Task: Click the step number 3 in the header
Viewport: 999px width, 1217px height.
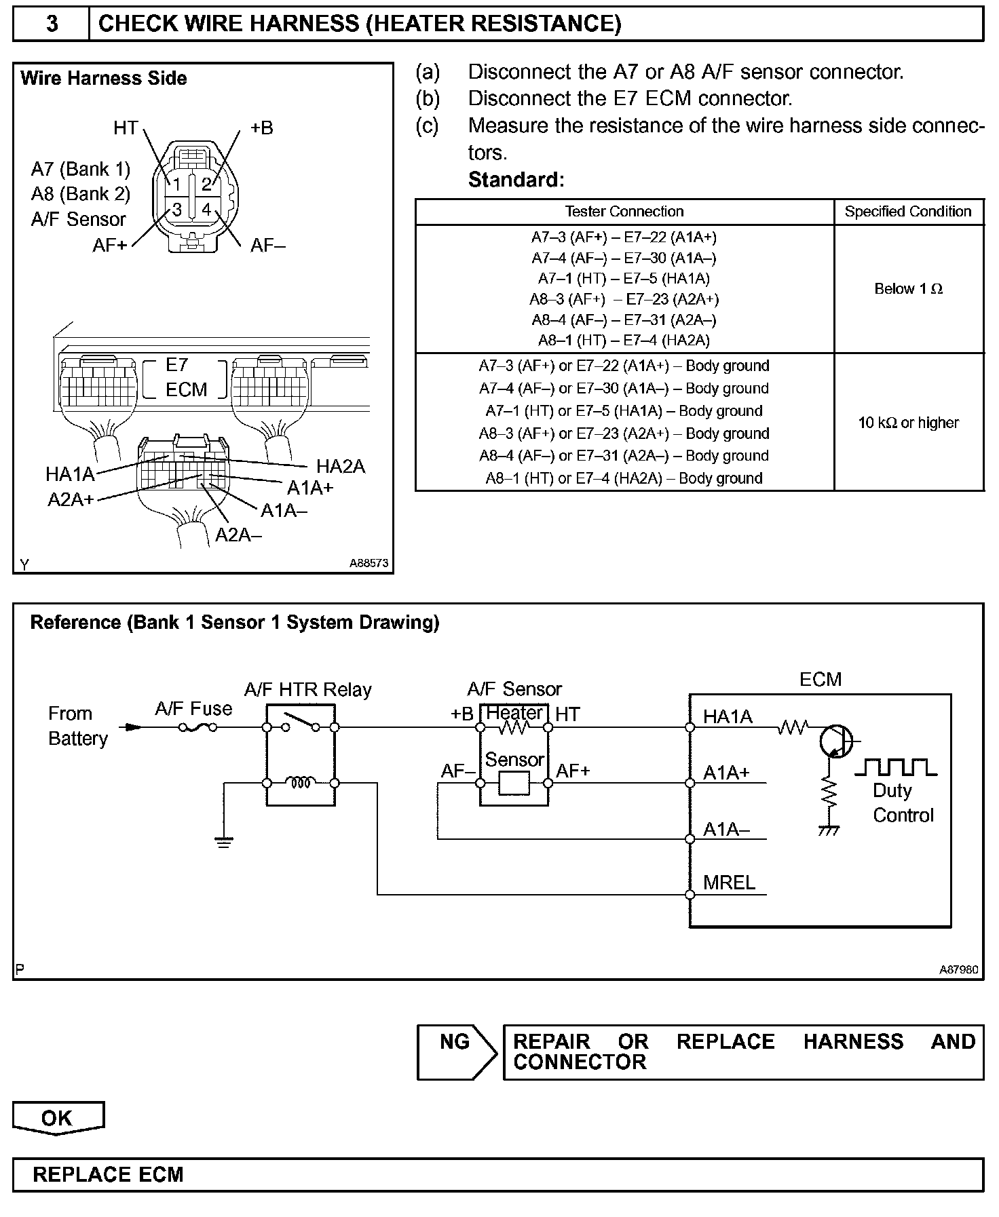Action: coord(52,24)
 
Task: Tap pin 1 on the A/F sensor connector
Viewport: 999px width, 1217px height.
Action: coord(176,184)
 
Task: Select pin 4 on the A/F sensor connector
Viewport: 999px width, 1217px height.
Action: coord(206,209)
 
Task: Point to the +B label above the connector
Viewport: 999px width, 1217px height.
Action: coord(261,128)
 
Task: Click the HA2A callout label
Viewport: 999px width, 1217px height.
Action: coord(341,467)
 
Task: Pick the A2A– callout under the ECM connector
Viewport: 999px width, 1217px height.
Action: coord(238,535)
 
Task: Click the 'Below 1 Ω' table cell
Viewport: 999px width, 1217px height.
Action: coord(908,289)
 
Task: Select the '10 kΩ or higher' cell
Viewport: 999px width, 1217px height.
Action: coord(908,423)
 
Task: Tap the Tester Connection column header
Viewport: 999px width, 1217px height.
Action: coord(624,212)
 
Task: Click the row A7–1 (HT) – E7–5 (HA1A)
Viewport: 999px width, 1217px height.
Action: coord(624,279)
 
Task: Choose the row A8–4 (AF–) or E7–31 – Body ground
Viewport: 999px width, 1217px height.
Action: coord(624,456)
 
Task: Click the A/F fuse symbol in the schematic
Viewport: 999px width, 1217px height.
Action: coord(197,728)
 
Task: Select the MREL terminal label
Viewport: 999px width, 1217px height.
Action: coord(729,883)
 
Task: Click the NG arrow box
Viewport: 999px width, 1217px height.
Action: coord(457,1052)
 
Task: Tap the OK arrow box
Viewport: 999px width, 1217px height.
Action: coord(58,1119)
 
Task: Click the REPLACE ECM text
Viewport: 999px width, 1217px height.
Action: coord(108,1175)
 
